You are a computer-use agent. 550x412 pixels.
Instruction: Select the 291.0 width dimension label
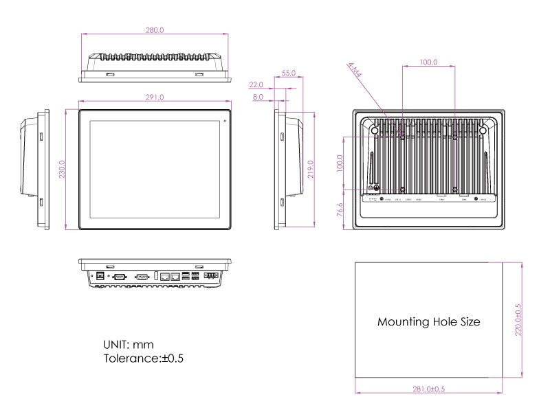pos(155,98)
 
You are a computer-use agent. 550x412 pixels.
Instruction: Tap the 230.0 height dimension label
pos(61,169)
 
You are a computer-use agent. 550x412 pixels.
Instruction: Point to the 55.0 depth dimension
pos(289,72)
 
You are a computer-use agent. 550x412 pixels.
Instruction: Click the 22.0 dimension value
pos(256,84)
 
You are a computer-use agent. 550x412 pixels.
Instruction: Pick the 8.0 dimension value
pos(258,98)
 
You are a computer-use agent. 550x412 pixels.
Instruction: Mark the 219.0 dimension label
pos(311,169)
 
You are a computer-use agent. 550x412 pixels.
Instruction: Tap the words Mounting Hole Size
pos(429,321)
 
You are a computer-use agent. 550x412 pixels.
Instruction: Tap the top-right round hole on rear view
pos(483,130)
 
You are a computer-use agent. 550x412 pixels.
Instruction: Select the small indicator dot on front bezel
pos(224,122)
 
